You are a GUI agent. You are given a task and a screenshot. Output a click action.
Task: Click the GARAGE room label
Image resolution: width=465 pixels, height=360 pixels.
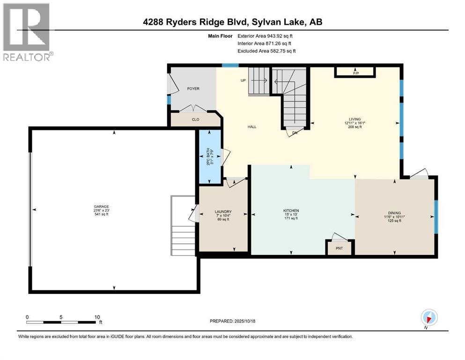click(101, 207)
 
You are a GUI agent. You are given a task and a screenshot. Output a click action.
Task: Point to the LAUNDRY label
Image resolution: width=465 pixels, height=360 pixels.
click(223, 211)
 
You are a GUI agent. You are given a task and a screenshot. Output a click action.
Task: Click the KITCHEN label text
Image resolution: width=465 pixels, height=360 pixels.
click(291, 210)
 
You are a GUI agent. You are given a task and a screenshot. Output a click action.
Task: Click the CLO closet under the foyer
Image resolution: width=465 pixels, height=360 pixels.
click(196, 120)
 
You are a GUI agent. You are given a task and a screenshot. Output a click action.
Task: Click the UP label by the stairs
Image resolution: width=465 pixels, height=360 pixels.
click(243, 81)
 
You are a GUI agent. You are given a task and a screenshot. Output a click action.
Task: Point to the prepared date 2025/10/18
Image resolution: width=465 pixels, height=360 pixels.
click(232, 321)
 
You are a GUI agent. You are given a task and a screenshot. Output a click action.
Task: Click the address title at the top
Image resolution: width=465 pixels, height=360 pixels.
click(232, 22)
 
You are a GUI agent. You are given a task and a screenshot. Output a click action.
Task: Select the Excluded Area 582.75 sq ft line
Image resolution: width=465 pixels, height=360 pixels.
click(266, 51)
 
